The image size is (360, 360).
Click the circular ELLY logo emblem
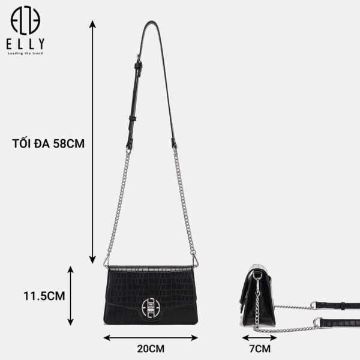tap(25, 20)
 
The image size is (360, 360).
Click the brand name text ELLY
tap(25, 44)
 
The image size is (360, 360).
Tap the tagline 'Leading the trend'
tap(25, 53)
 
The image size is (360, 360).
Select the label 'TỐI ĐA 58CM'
tap(49, 144)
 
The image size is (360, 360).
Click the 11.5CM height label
tap(44, 296)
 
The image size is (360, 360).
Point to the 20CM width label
tap(151, 349)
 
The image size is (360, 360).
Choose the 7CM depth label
tap(260, 349)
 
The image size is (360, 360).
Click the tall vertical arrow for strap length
tap(92, 142)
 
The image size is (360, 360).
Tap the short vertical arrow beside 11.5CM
tap(70, 296)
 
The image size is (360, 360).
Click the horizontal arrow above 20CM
tap(151, 338)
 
